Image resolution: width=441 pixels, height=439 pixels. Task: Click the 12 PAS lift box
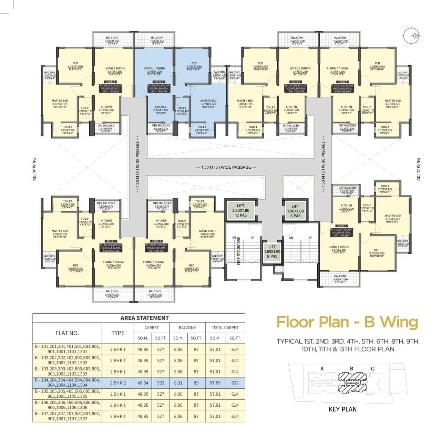pos(240,210)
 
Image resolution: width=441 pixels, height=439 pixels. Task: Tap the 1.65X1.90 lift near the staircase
pos(272,252)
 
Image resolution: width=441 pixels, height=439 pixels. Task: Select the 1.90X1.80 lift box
pos(295,211)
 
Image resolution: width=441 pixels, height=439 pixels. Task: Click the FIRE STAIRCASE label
pos(239,250)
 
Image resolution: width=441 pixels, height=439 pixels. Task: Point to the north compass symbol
pos(412,35)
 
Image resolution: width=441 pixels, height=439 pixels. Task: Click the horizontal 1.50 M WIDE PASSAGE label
pos(226,167)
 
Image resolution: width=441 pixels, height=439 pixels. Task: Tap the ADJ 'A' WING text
pos(34,169)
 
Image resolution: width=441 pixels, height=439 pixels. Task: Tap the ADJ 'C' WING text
pos(419,169)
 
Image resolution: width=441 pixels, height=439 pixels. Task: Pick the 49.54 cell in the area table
pos(143,383)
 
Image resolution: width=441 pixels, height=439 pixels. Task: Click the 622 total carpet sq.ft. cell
pos(235,383)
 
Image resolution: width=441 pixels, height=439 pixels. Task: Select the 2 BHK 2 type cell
pos(118,383)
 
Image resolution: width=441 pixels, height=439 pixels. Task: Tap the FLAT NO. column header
pos(67,333)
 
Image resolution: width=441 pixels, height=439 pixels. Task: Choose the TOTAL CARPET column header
pos(225,327)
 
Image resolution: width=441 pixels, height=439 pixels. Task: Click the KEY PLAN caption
pos(342,409)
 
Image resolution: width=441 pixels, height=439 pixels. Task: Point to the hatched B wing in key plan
pos(352,383)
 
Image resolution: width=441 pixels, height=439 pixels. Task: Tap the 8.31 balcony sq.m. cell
pos(178,383)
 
